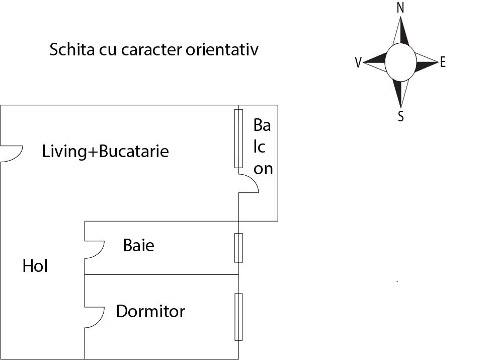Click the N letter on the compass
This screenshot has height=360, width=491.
point(400,8)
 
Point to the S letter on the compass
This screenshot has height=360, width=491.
point(401,117)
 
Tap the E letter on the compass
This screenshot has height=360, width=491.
point(443,62)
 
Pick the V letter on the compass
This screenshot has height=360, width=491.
point(358,63)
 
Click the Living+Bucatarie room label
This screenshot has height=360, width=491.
point(105,151)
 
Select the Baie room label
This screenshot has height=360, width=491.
point(138,246)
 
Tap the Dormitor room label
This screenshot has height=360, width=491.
point(150,311)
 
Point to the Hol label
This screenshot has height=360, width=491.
point(35,266)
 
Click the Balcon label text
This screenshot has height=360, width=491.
point(263,147)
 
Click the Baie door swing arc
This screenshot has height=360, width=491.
point(96,249)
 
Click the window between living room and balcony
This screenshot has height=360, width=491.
point(238,138)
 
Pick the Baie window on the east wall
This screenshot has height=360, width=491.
point(238,248)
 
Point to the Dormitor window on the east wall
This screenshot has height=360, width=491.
point(238,317)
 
